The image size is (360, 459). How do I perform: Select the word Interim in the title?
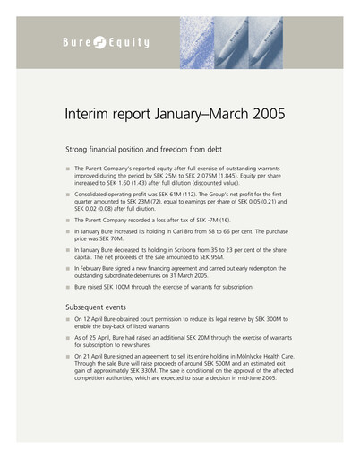[88, 116]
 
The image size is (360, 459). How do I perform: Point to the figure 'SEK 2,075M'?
[212, 175]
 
